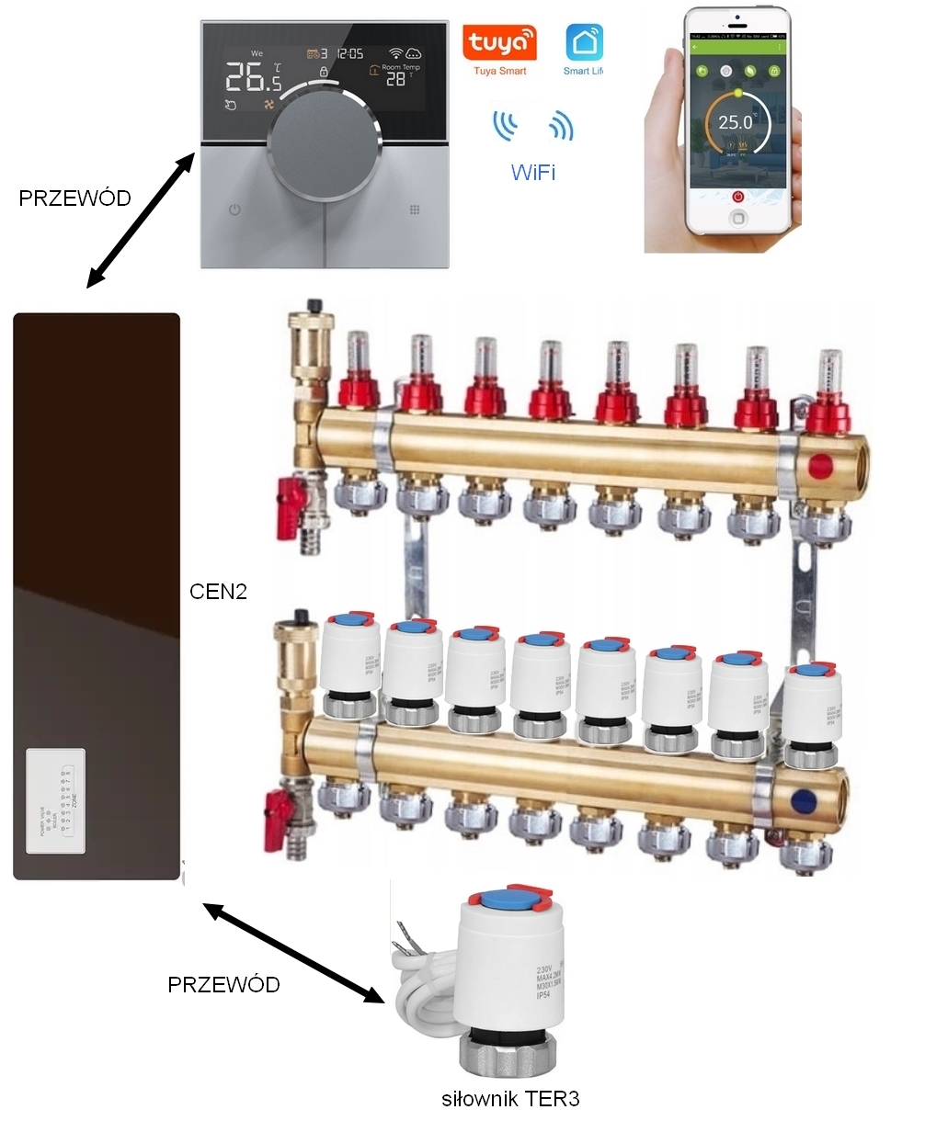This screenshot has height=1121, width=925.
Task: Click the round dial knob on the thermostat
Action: (324, 142)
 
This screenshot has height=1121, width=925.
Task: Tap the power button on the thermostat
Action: (234, 210)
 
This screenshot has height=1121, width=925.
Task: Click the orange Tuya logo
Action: (499, 43)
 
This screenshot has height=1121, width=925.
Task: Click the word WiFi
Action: (533, 172)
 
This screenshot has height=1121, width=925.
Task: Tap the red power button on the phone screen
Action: (737, 196)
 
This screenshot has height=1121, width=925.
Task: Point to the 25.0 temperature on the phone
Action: (735, 122)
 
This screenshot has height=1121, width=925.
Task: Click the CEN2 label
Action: (219, 591)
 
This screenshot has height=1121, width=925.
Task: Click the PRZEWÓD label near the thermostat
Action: (75, 198)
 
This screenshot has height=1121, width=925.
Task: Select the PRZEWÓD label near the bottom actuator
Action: (223, 985)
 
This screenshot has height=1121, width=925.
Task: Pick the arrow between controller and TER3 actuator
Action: (292, 953)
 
